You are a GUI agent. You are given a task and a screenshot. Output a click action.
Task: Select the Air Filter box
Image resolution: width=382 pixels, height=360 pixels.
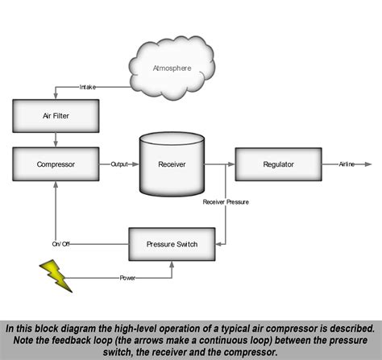pyautogui.click(x=56, y=116)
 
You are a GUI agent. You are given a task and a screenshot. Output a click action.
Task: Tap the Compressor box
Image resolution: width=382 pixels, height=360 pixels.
pyautogui.click(x=56, y=164)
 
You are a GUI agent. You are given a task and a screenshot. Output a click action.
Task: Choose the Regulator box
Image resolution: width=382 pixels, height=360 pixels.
pyautogui.click(x=278, y=164)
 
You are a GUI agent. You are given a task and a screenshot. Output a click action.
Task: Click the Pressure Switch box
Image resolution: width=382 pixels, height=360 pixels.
pyautogui.click(x=172, y=243)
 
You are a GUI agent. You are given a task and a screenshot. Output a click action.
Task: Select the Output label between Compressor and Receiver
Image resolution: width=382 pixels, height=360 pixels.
pyautogui.click(x=119, y=164)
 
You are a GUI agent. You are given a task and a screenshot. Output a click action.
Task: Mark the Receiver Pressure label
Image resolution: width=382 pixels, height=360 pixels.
pyautogui.click(x=226, y=201)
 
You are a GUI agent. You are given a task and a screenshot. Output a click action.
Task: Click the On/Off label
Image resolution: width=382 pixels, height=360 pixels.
pyautogui.click(x=62, y=243)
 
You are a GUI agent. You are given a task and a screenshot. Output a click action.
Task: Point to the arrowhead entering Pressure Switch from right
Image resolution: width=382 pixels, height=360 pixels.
pyautogui.click(x=219, y=243)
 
